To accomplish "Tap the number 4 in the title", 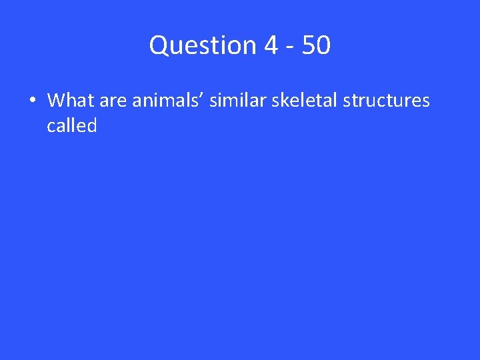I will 271,46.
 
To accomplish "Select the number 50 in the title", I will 315,46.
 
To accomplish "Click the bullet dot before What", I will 32,101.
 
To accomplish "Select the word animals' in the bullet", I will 168,101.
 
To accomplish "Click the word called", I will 72,125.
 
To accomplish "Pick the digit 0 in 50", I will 323,46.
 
